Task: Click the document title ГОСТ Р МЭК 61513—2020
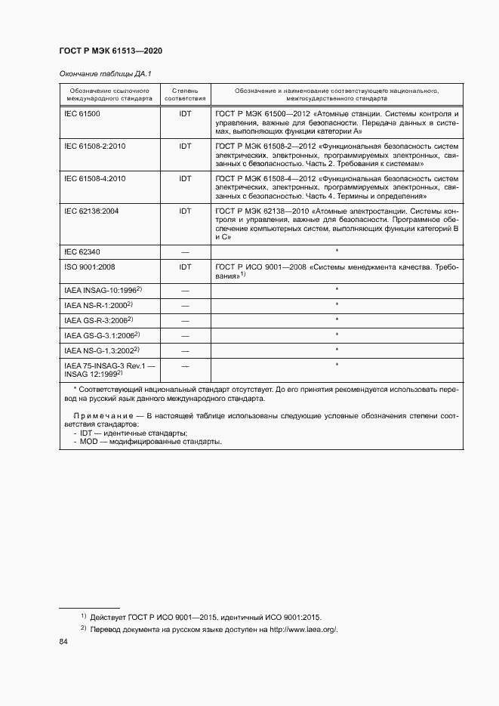pyautogui.click(x=110, y=51)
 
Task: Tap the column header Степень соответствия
pyautogui.click(x=185, y=94)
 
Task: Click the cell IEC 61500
pyautogui.click(x=82, y=113)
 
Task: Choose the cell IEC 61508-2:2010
pyautogui.click(x=94, y=146)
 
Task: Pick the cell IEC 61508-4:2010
pyautogui.click(x=94, y=178)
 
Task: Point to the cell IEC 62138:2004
pyautogui.click(x=91, y=211)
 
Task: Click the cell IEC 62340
pyautogui.click(x=82, y=250)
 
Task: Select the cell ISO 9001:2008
pyautogui.click(x=89, y=267)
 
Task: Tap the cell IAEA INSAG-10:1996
pyautogui.click(x=102, y=289)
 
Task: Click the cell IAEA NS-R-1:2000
pyautogui.click(x=98, y=304)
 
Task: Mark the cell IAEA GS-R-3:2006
pyautogui.click(x=98, y=319)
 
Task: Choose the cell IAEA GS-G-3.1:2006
pyautogui.click(x=102, y=335)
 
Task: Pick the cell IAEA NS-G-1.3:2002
pyautogui.click(x=102, y=350)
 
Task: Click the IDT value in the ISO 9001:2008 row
pyautogui.click(x=185, y=267)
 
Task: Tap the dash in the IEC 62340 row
pyautogui.click(x=185, y=251)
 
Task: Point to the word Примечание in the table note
pyautogui.click(x=105, y=416)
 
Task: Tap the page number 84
pyautogui.click(x=63, y=643)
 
